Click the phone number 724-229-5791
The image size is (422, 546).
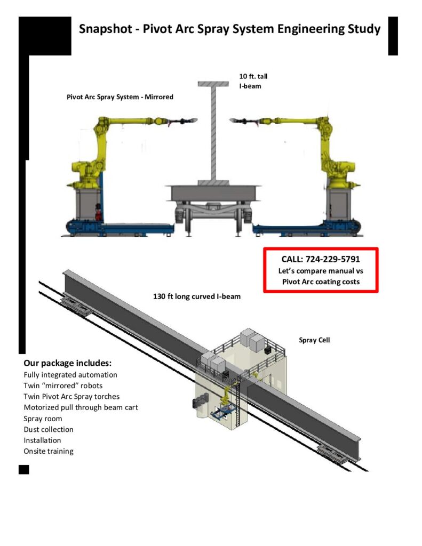335,259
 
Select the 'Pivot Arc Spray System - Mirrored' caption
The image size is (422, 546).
120,97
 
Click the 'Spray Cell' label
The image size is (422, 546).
314,340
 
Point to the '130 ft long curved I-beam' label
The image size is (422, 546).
197,296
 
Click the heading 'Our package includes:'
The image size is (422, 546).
67,363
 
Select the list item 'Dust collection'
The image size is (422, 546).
49,429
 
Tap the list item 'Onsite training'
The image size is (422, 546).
49,451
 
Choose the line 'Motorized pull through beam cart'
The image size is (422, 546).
81,407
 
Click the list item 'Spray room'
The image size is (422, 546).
43,419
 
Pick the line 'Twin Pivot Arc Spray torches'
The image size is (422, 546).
71,397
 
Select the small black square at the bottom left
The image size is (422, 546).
23,469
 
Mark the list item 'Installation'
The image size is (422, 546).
42,440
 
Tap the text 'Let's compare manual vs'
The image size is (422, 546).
321,271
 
